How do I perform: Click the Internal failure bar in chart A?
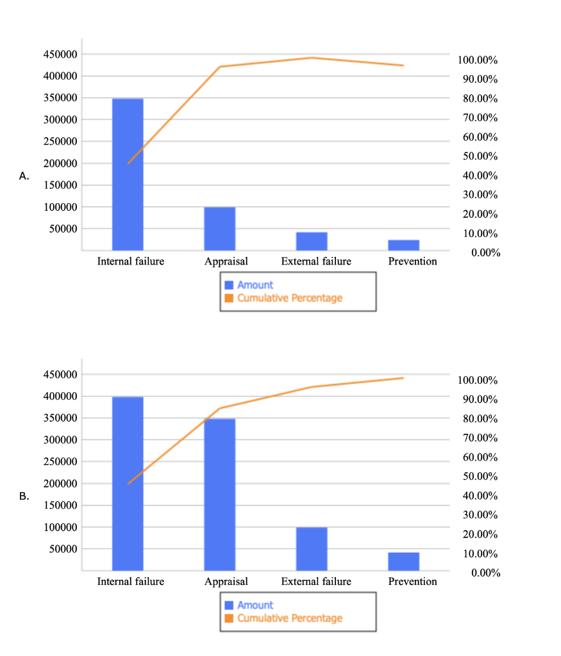[128, 174]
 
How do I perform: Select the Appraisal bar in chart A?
[220, 229]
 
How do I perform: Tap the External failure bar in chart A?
[312, 241]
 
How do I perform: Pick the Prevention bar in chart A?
[404, 245]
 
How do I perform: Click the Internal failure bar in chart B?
[128, 484]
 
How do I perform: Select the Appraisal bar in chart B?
[220, 495]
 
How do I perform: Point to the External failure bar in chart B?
[312, 548]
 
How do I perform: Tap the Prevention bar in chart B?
[404, 561]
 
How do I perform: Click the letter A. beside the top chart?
[24, 176]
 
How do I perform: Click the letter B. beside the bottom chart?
[24, 496]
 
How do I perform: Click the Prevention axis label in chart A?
[412, 261]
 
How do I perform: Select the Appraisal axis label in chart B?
[226, 582]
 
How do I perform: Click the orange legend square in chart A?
[230, 298]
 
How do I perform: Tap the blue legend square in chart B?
[230, 605]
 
